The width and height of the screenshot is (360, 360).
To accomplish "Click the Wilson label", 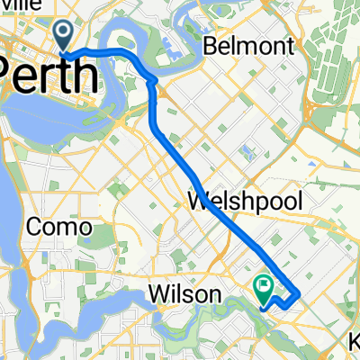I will click(184, 294).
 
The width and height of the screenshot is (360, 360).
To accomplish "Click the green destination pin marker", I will click(264, 289).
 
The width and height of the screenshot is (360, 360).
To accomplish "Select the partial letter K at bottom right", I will click(355, 344).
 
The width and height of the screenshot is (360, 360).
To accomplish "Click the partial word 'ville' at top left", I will click(16, 4).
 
